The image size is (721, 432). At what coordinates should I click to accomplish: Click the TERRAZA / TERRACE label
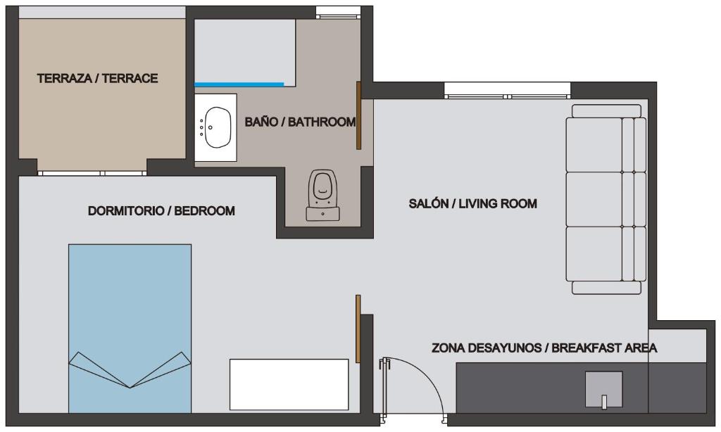click(97, 79)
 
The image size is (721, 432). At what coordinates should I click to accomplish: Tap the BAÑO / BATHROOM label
click(300, 122)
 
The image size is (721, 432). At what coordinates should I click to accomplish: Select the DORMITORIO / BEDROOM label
click(161, 211)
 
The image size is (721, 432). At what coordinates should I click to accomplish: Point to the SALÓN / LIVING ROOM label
click(472, 203)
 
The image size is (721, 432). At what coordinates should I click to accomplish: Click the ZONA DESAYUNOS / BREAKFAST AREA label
click(544, 348)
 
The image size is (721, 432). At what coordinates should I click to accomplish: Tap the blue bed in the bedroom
click(130, 328)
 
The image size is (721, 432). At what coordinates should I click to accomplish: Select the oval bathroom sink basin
click(218, 127)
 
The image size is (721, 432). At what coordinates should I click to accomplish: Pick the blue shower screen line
click(239, 84)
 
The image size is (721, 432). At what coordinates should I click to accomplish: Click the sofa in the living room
click(606, 199)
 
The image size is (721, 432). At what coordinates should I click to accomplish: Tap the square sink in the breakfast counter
click(603, 389)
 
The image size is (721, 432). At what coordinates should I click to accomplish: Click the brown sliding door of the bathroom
click(358, 116)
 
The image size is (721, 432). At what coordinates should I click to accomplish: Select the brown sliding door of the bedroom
click(358, 329)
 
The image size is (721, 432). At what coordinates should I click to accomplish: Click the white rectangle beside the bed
click(289, 385)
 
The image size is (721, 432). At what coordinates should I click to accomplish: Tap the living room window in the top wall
click(508, 91)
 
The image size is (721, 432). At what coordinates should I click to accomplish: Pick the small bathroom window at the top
click(338, 13)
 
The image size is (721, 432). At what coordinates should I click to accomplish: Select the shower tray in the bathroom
click(244, 51)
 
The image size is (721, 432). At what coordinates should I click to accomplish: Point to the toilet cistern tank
click(322, 214)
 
